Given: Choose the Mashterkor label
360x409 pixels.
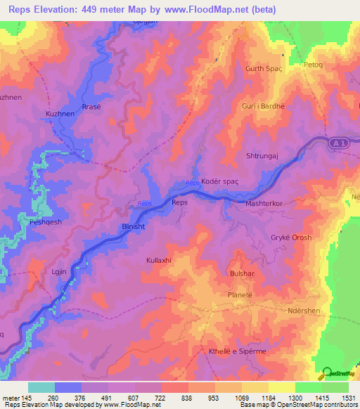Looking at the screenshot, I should tap(264, 203).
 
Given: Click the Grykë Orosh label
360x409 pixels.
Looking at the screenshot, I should tap(291, 238).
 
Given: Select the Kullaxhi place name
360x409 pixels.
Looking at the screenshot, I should tap(159, 261).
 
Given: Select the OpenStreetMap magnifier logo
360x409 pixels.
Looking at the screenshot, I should tap(325, 374).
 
